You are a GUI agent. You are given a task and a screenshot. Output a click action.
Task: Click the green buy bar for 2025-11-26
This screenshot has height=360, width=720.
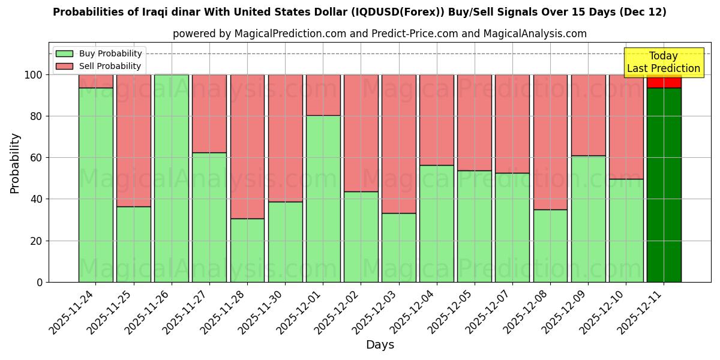[172, 178]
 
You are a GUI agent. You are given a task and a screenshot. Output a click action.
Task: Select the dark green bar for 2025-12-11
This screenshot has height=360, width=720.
[664, 185]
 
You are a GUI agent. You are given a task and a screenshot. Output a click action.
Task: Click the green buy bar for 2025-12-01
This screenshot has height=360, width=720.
[323, 198]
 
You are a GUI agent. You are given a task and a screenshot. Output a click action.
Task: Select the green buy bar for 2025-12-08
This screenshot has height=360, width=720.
[550, 245]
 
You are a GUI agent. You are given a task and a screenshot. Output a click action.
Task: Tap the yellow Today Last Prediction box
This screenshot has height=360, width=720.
[664, 62]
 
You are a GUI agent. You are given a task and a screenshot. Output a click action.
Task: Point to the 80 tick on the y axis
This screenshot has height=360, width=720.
[37, 116]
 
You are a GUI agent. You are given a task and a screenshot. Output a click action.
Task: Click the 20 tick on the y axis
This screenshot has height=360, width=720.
[37, 241]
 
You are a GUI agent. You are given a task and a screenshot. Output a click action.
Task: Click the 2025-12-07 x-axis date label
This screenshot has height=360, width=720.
[490, 309]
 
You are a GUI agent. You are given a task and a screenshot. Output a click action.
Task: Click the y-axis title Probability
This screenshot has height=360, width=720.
[15, 163]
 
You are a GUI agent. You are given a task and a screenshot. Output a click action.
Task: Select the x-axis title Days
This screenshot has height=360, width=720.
[380, 345]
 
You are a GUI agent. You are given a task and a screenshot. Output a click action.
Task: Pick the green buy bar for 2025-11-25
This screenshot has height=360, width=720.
[134, 244]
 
